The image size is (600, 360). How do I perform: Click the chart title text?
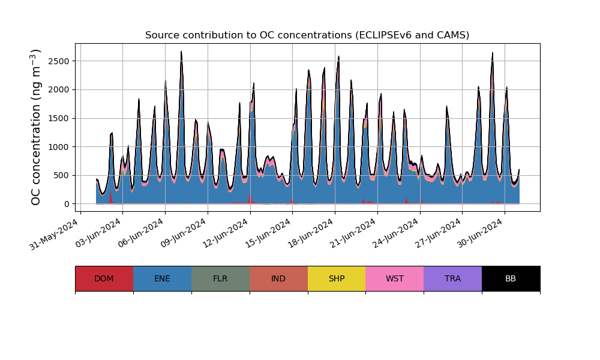click(307, 35)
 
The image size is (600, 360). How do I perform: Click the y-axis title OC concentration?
click(36, 127)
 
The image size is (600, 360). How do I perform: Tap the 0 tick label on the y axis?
click(66, 204)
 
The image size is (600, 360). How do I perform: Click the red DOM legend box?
click(104, 278)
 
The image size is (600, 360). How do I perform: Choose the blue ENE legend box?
click(162, 278)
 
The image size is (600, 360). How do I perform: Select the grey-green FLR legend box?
click(220, 278)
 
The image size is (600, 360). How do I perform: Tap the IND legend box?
click(278, 278)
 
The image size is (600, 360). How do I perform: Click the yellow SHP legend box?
click(337, 278)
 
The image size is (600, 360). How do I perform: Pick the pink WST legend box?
click(395, 278)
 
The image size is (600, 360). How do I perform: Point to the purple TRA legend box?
click(453, 278)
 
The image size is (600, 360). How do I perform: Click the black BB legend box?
click(511, 278)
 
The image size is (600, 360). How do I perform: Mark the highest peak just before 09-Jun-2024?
click(181, 52)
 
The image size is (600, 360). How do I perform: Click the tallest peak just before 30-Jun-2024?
click(493, 53)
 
